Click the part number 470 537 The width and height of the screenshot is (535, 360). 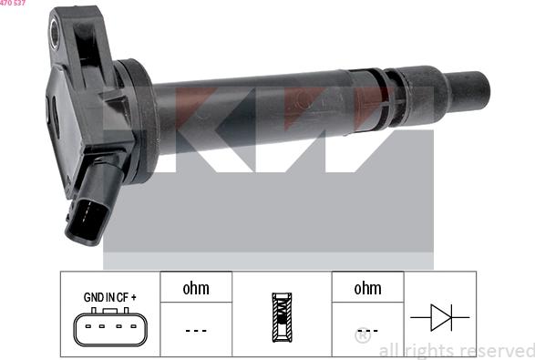[x=13, y=3]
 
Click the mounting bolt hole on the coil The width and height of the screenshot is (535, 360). [x=55, y=33]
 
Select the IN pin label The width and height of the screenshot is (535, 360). [x=110, y=297]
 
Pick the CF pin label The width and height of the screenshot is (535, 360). [x=122, y=297]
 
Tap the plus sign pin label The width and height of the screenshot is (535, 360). [x=133, y=297]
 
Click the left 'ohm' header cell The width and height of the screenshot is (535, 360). [x=196, y=287]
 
